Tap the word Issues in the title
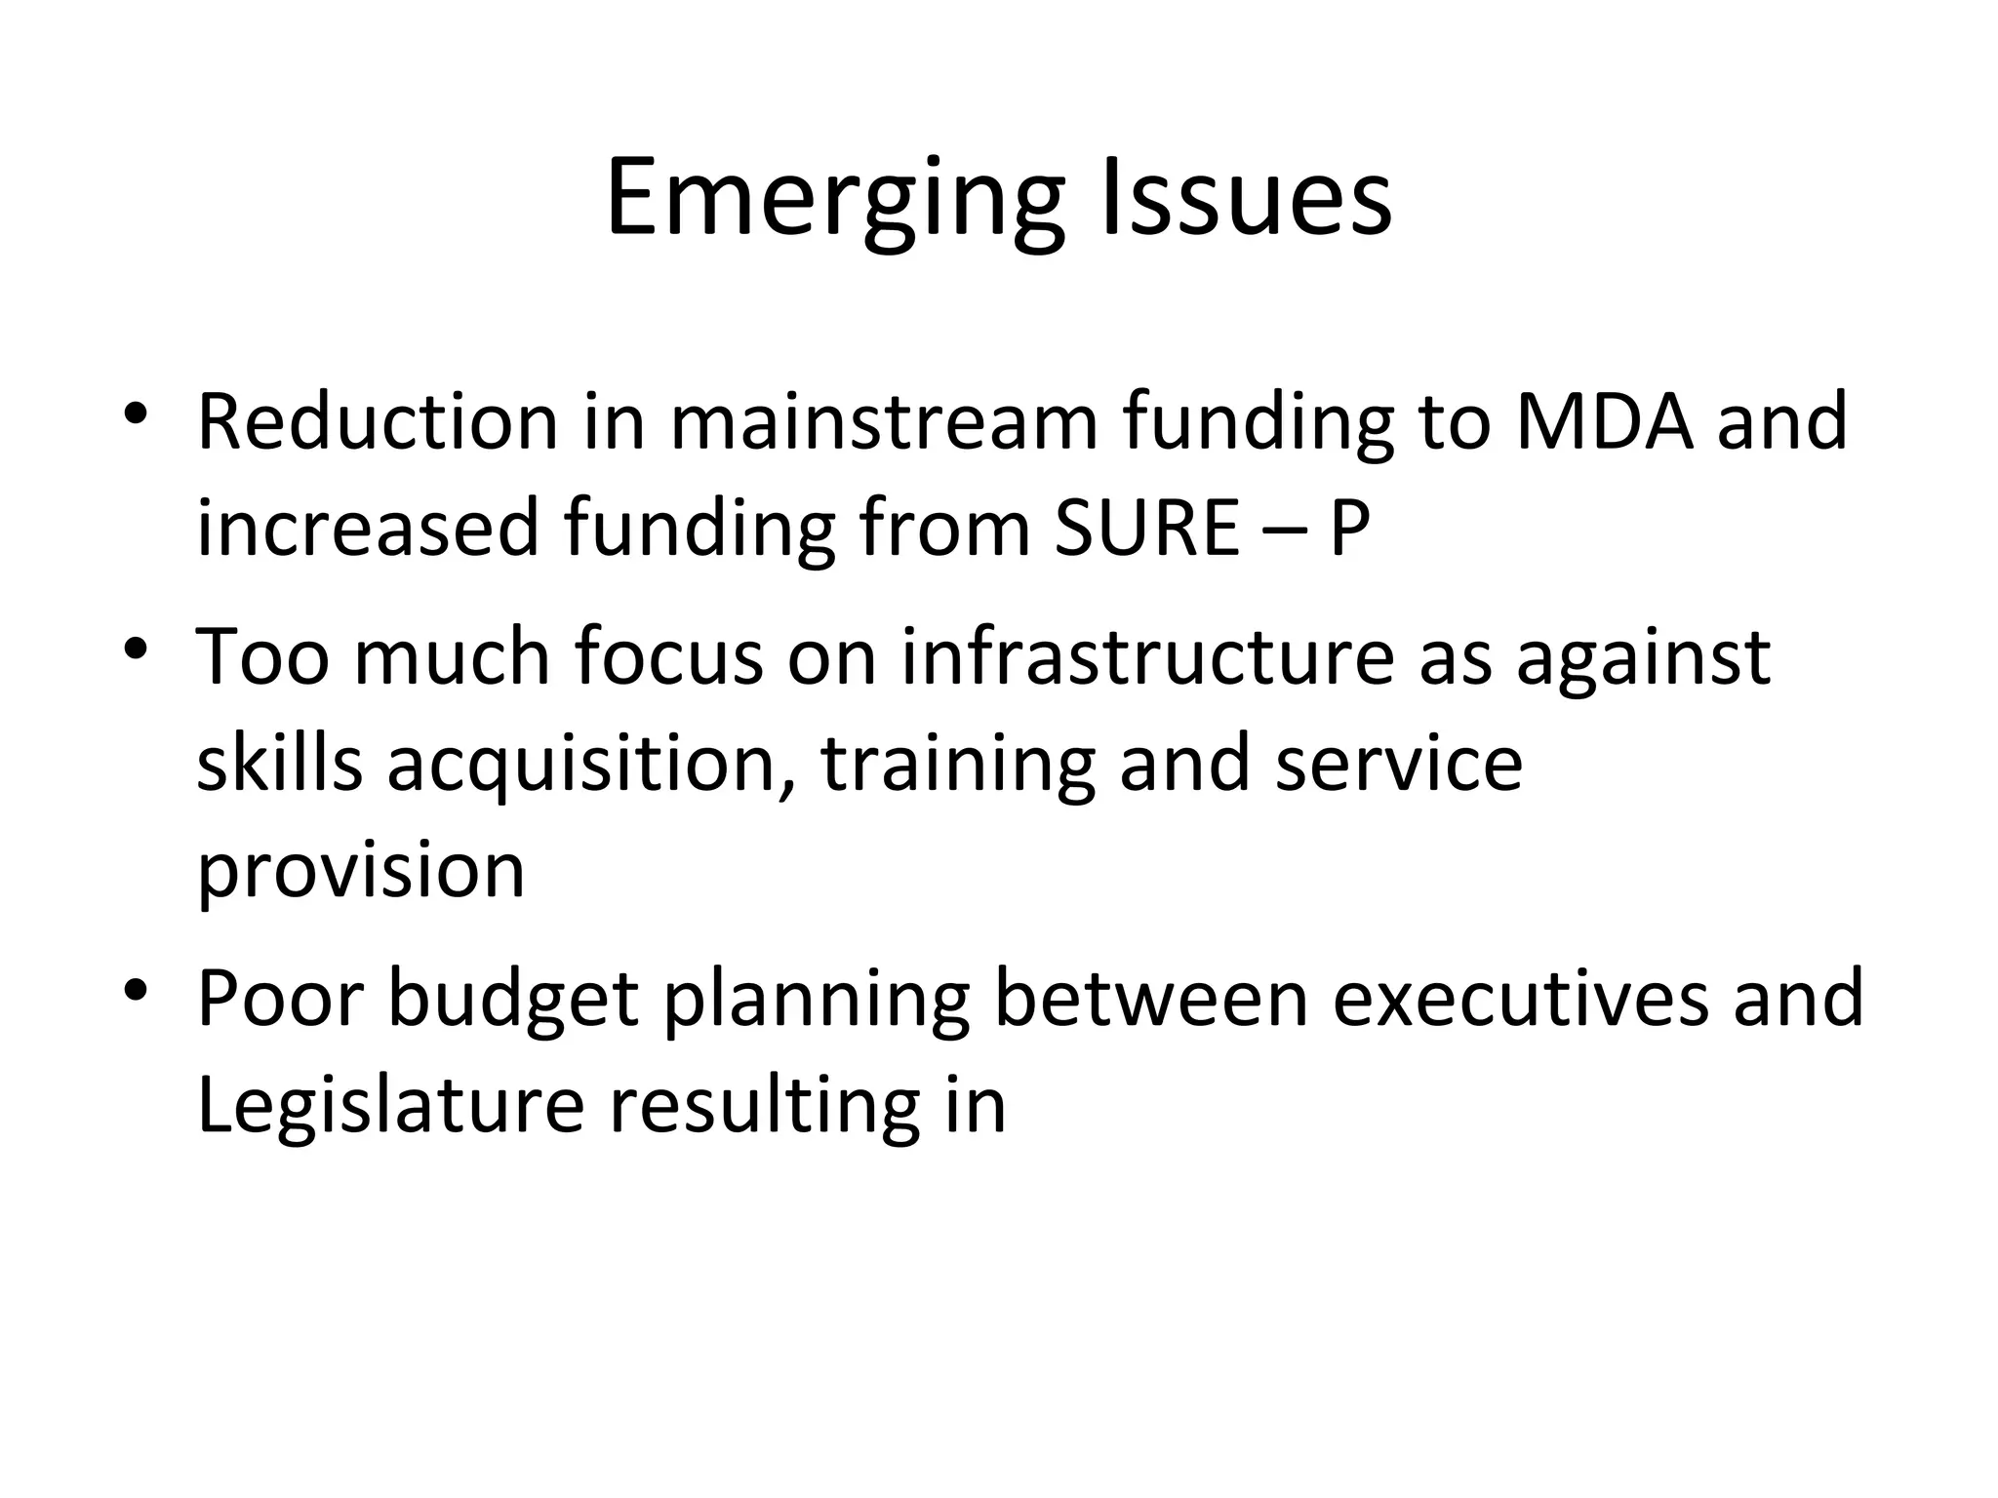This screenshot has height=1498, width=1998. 1246,200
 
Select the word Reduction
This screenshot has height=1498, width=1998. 378,421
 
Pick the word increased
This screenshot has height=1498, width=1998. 368,528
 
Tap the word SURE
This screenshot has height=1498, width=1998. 1146,528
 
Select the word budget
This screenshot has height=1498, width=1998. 513,999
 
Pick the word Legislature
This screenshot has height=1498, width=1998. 390,1105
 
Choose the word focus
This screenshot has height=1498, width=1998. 669,657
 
